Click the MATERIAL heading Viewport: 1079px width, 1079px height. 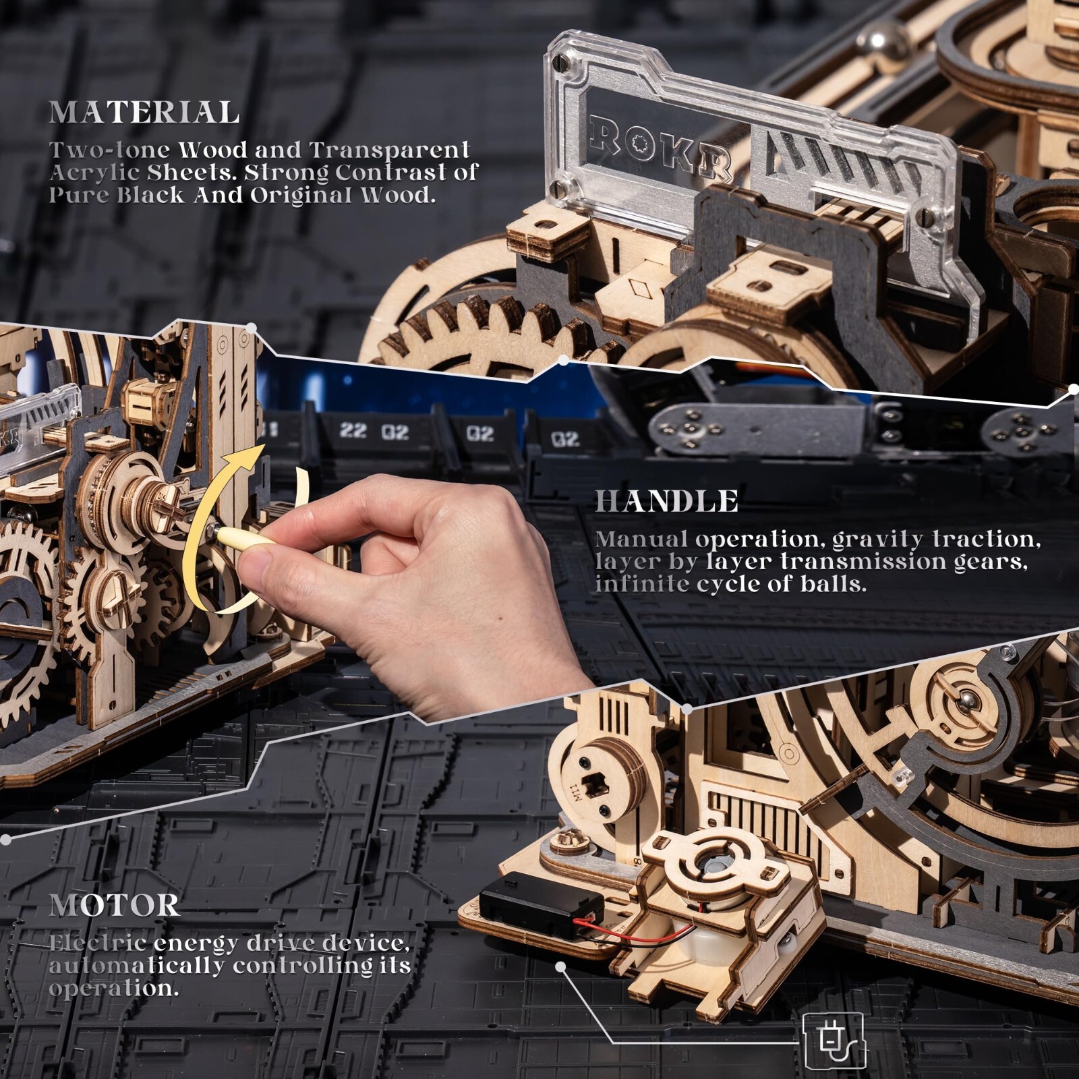pos(144,113)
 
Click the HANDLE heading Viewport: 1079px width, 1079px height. pos(666,502)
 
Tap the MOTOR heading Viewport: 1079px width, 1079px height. pos(115,906)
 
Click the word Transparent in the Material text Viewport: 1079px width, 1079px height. pos(390,150)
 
